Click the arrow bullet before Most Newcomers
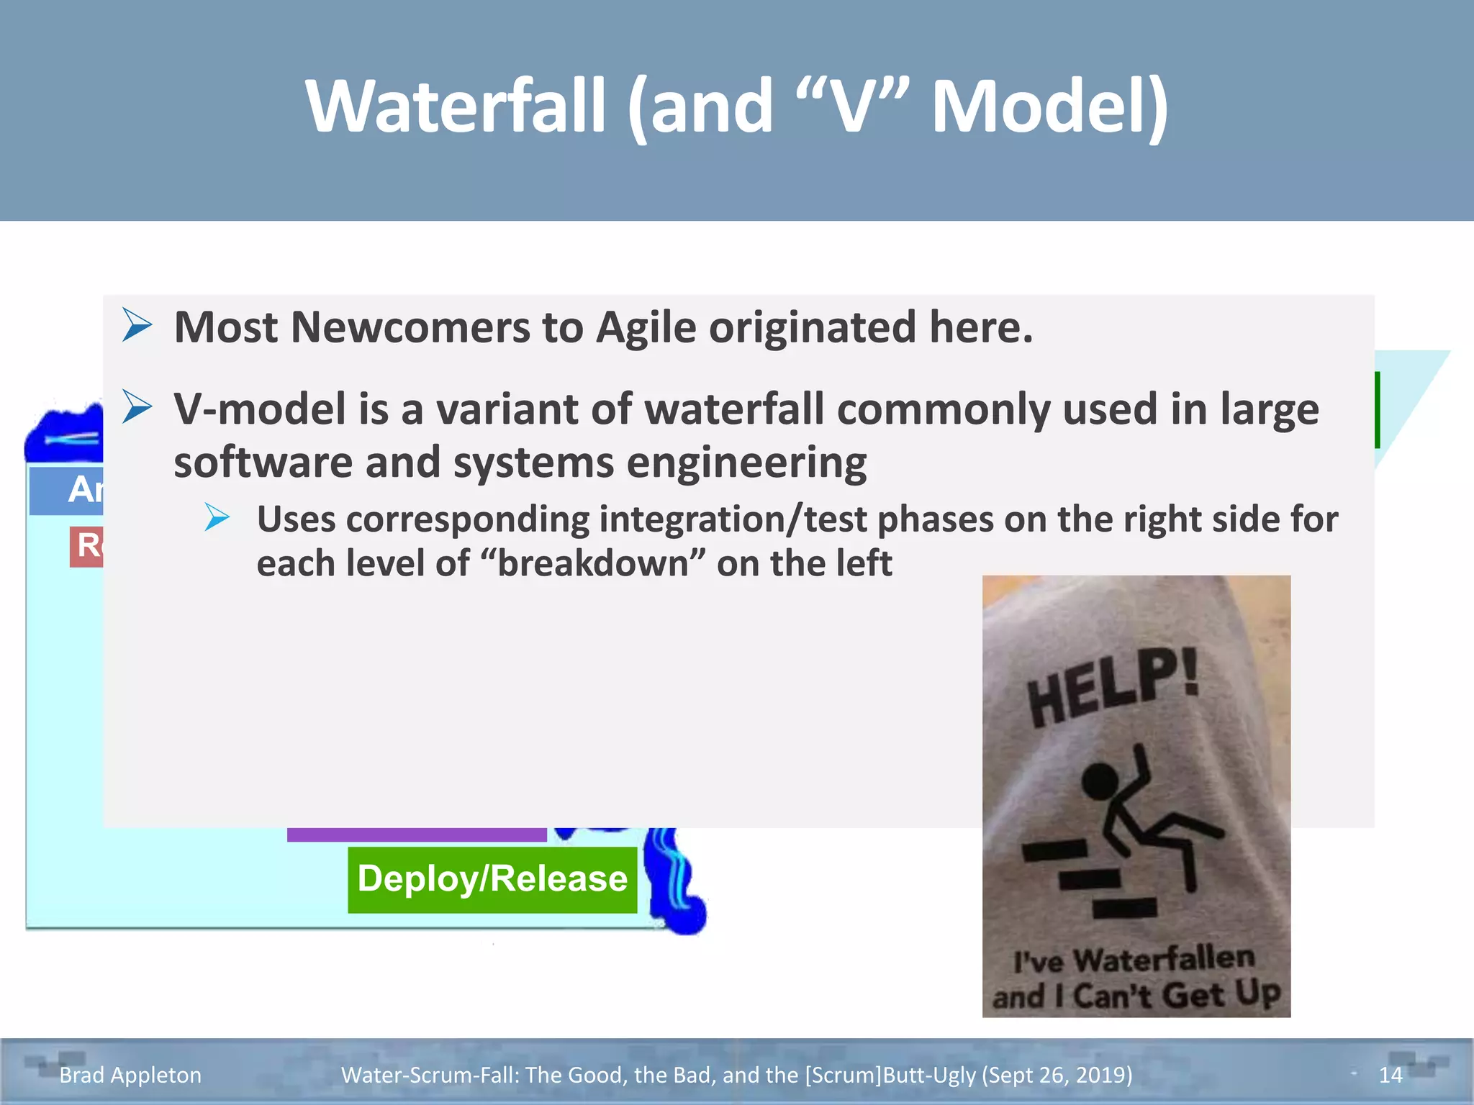[137, 325]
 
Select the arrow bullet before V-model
[137, 407]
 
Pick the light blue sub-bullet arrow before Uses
[217, 517]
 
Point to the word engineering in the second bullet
[746, 463]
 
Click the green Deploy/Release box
[492, 879]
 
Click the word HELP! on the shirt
[1113, 687]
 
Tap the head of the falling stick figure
[1100, 781]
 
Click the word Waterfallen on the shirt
[1164, 960]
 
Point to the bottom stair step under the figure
[1124, 908]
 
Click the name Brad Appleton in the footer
[130, 1075]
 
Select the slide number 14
[1390, 1075]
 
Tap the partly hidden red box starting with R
[86, 547]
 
